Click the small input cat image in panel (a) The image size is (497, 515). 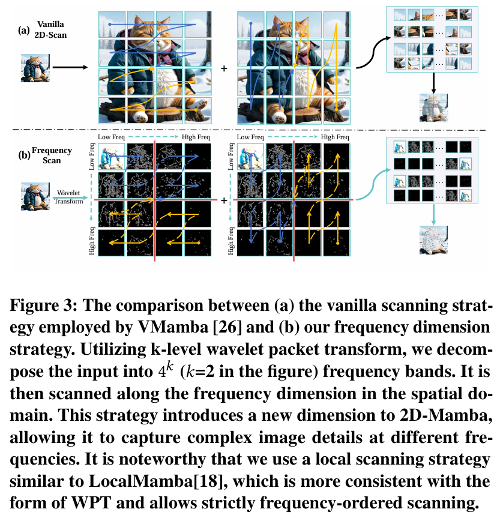(33, 67)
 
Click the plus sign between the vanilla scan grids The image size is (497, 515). (224, 68)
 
